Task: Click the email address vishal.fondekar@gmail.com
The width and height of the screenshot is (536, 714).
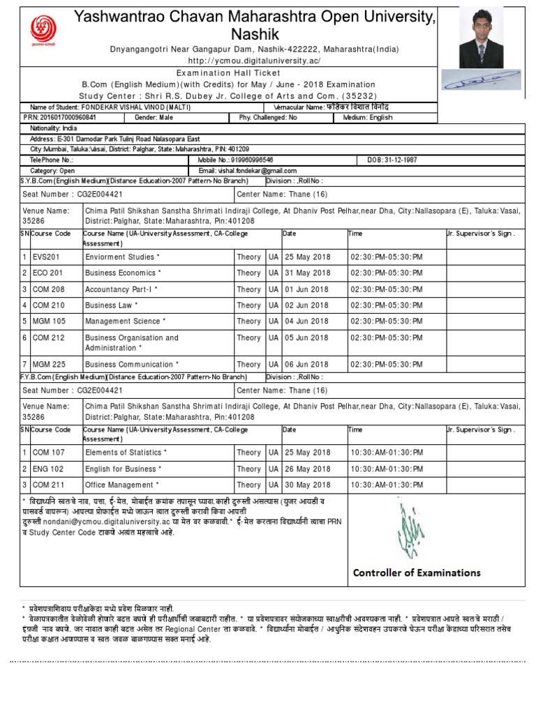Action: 258,170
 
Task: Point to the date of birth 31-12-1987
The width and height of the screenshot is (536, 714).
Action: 392,160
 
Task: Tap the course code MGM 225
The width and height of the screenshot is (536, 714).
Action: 50,365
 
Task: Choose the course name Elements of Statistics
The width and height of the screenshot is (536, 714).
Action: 126,453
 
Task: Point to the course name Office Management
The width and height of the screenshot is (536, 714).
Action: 121,485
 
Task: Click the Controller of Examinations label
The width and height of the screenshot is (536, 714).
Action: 417,572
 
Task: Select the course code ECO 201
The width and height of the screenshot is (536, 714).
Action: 48,273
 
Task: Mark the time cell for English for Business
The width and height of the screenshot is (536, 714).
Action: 387,469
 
